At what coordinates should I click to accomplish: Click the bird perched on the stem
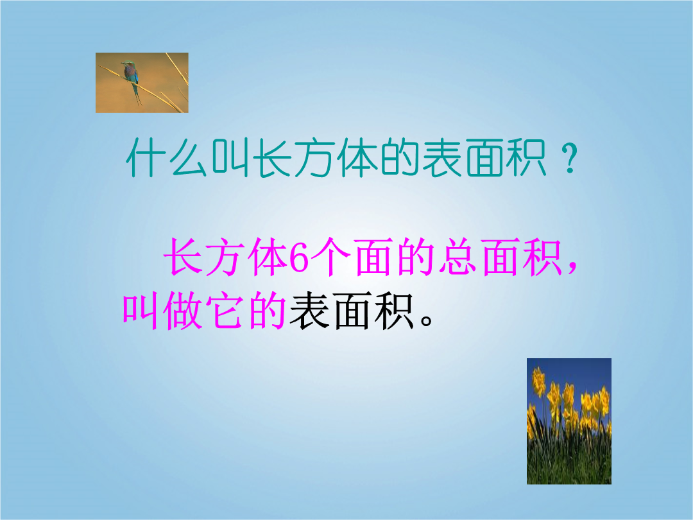(132, 80)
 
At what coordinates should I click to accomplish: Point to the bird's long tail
(137, 94)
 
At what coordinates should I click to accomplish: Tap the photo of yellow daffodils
(569, 421)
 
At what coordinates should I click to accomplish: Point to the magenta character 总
(457, 257)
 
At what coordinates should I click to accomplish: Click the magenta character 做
(183, 311)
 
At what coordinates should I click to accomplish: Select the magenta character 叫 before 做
(141, 311)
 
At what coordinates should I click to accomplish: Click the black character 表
(309, 311)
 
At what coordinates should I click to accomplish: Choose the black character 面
(352, 311)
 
